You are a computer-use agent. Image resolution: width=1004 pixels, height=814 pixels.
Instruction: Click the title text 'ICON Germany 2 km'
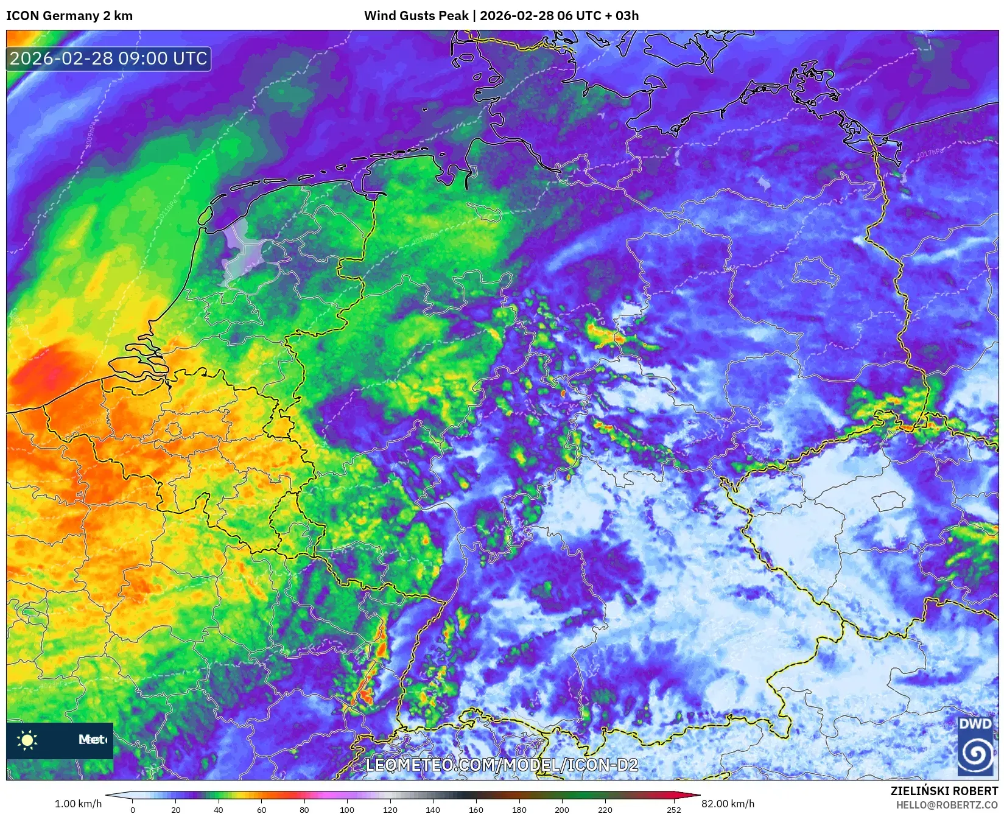click(x=69, y=16)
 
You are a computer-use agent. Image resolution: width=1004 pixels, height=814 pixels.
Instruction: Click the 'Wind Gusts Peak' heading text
click(x=416, y=16)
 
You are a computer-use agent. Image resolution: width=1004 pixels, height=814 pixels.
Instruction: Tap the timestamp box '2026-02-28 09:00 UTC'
click(x=108, y=58)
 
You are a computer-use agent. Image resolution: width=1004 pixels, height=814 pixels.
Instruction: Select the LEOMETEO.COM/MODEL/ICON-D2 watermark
click(x=502, y=765)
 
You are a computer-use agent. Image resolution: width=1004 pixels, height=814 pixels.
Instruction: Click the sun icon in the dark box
click(x=27, y=740)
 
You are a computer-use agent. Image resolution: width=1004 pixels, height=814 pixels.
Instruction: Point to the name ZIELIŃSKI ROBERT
click(x=944, y=791)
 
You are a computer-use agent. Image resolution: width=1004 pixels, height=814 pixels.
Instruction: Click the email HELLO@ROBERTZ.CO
click(x=947, y=805)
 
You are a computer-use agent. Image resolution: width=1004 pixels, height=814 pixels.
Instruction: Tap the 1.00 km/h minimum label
click(x=78, y=804)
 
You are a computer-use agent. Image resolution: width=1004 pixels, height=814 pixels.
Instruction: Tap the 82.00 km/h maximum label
click(x=728, y=804)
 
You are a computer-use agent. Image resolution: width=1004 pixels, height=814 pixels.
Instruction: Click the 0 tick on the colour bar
click(x=133, y=810)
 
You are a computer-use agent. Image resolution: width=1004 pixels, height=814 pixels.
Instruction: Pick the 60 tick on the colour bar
click(x=261, y=810)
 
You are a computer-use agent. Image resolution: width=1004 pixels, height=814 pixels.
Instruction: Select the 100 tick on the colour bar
click(x=347, y=810)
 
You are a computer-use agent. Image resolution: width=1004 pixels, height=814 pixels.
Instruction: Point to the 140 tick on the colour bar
click(x=433, y=810)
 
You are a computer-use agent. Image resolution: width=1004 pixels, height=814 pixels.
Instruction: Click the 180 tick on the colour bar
click(x=519, y=810)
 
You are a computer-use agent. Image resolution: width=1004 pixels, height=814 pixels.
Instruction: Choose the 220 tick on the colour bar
click(x=605, y=810)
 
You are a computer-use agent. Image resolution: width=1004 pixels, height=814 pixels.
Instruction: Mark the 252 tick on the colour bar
click(x=673, y=810)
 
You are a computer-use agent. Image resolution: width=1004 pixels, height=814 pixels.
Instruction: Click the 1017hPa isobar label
click(x=930, y=153)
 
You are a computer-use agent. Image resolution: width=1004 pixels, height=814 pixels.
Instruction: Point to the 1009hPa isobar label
click(x=91, y=135)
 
